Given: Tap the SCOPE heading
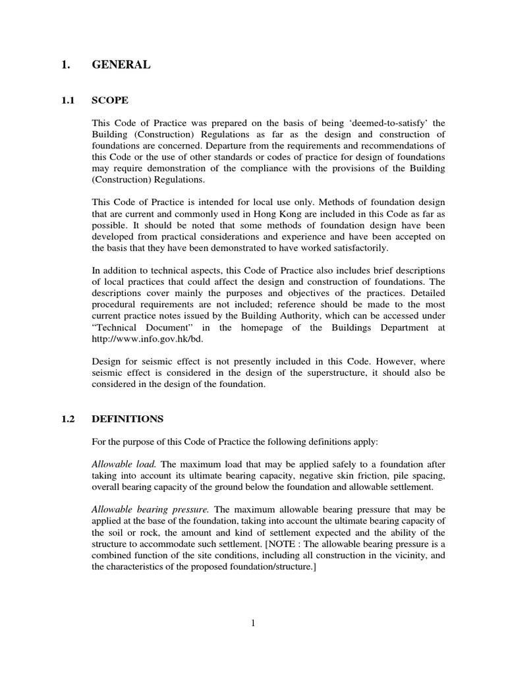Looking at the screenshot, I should point(110,101).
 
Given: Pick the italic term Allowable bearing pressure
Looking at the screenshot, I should point(150,509).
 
